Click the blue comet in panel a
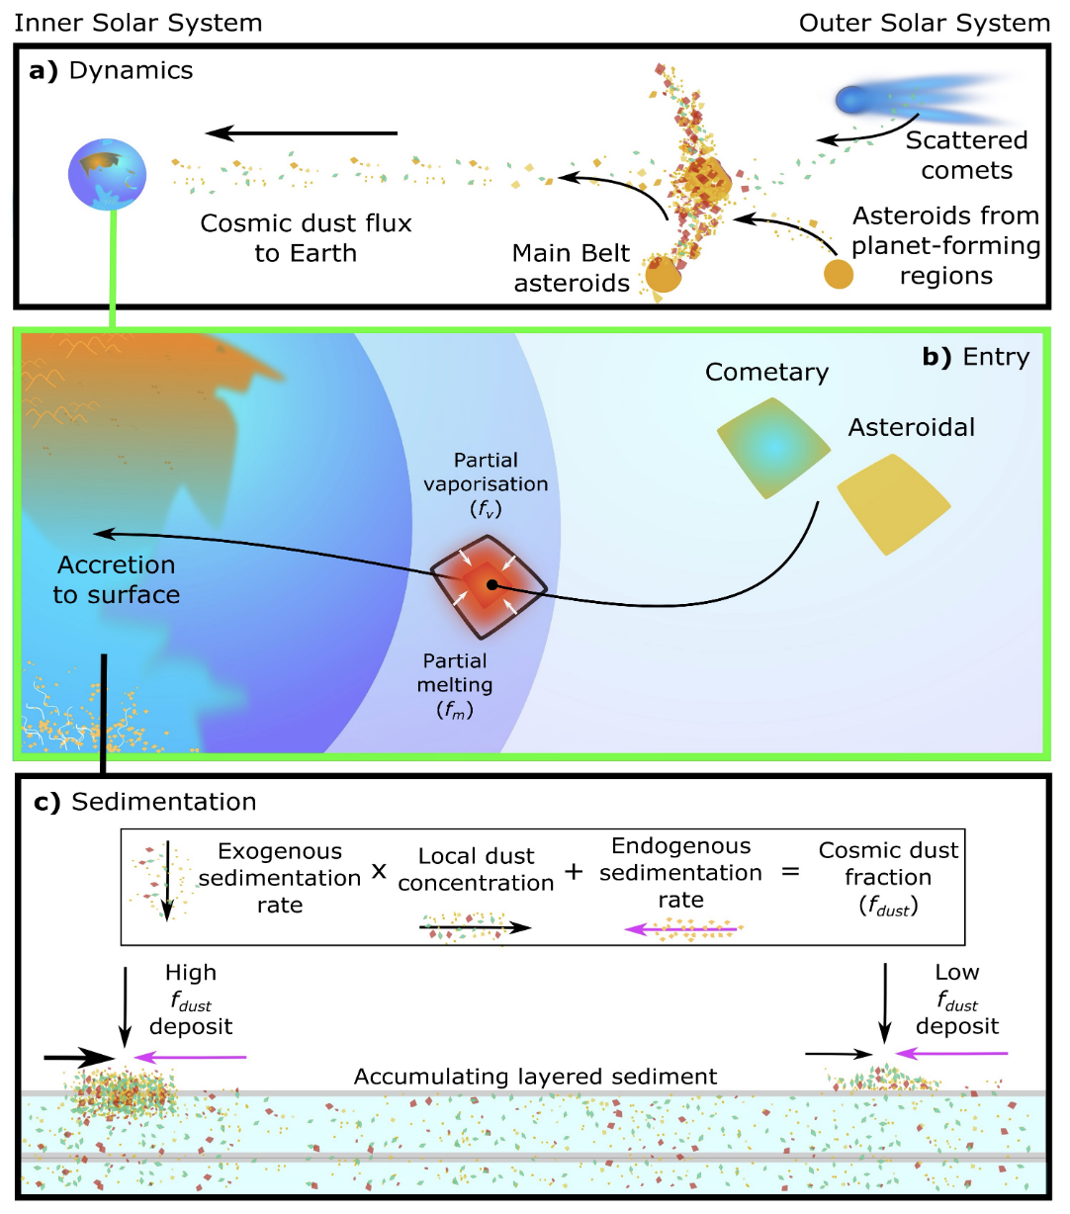(851, 99)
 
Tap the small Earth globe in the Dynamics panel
(107, 174)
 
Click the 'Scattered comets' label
(966, 155)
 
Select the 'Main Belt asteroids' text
(572, 268)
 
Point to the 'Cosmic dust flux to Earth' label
(306, 238)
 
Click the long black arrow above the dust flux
(302, 133)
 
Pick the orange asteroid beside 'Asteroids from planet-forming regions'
(839, 274)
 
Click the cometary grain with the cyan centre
(773, 447)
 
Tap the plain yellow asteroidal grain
(892, 504)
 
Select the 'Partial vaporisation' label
(486, 483)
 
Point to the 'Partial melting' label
(455, 684)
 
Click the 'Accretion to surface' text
(117, 579)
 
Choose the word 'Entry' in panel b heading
(996, 357)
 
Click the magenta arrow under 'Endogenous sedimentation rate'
(682, 929)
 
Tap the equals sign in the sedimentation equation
(790, 873)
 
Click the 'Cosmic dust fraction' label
(888, 877)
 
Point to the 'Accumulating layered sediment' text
(535, 1077)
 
